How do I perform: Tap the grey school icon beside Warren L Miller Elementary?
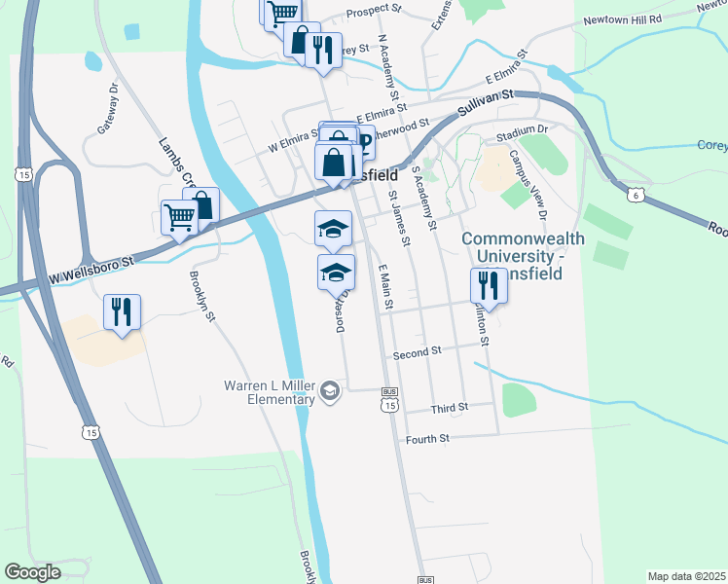click(x=330, y=391)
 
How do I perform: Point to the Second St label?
click(x=418, y=351)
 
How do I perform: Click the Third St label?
click(x=450, y=407)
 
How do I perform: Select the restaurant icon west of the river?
click(x=122, y=311)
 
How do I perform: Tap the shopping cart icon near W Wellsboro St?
click(x=179, y=216)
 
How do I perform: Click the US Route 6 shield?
click(x=636, y=196)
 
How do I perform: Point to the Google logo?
click(x=32, y=572)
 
